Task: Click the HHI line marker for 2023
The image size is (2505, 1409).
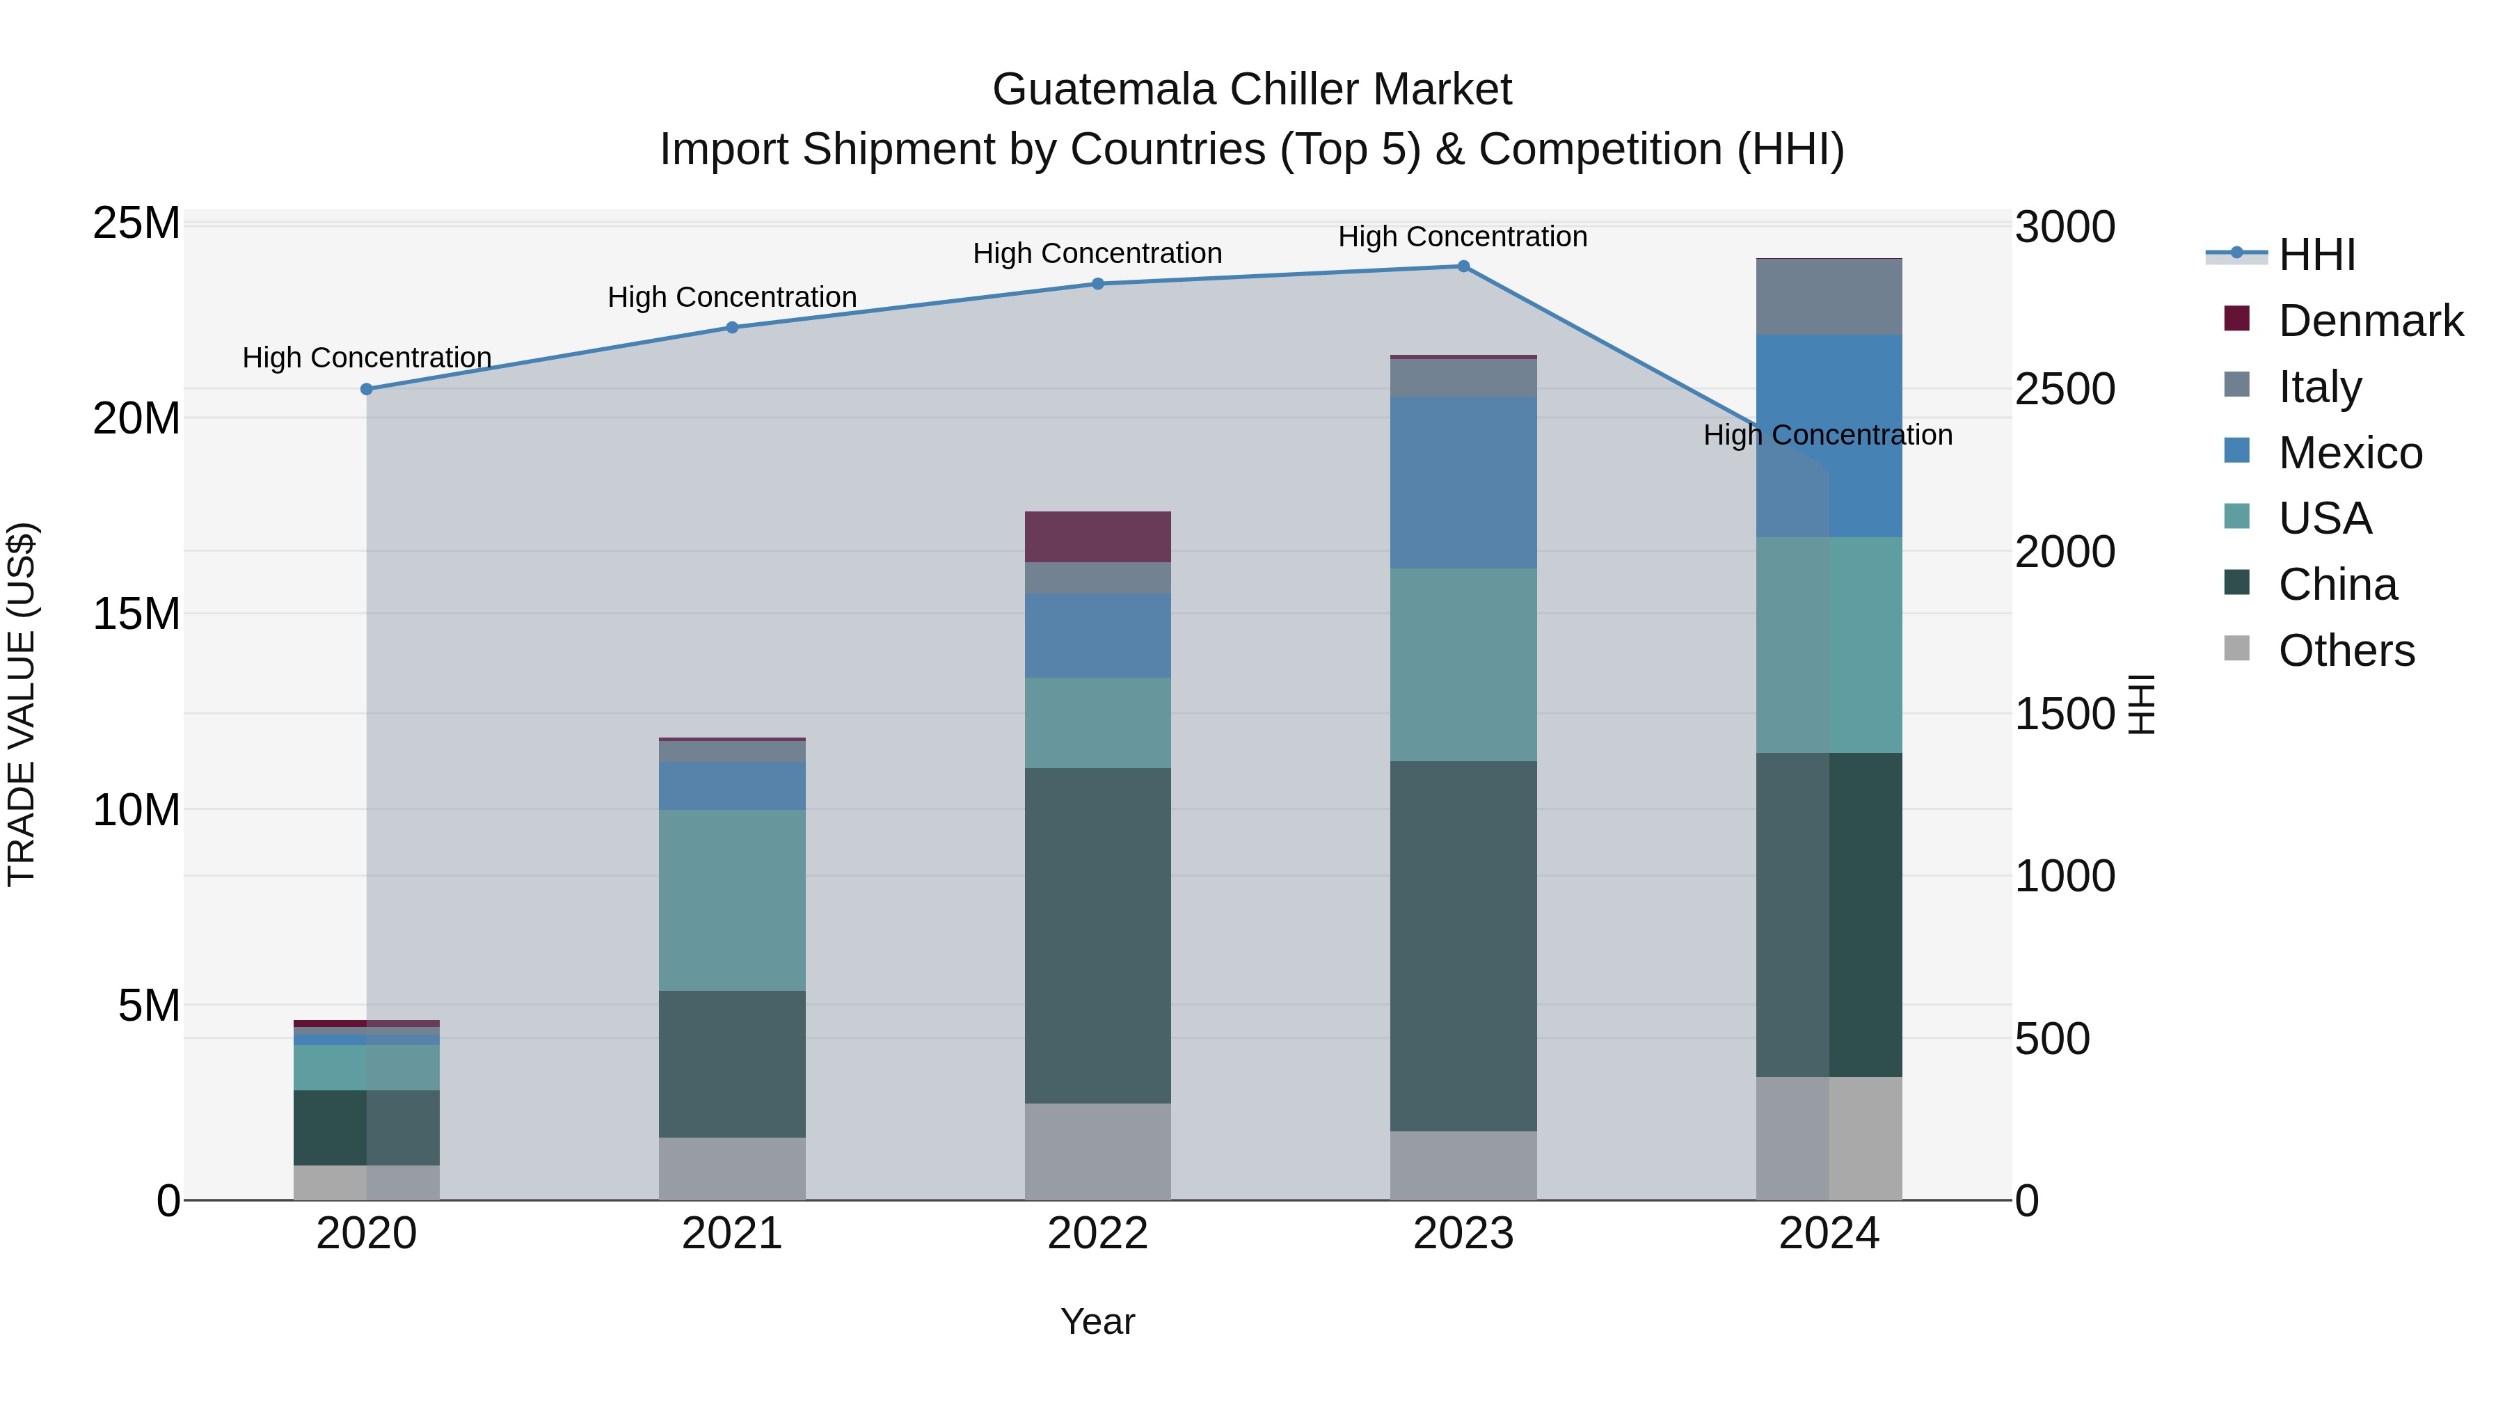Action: (x=1463, y=266)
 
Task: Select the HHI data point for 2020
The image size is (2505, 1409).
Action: (x=367, y=389)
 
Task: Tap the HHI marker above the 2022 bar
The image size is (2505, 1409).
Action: (x=1098, y=284)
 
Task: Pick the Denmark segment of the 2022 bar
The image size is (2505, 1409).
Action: (x=1098, y=536)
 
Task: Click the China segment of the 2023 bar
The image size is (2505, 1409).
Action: (x=1463, y=945)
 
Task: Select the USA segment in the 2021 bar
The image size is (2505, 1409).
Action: (x=732, y=900)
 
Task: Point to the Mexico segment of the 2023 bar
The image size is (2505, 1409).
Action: (x=1463, y=482)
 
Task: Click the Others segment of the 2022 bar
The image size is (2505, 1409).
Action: (x=1098, y=1152)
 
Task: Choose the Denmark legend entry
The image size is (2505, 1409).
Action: (x=2370, y=321)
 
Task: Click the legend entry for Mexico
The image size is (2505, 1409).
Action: (x=2349, y=453)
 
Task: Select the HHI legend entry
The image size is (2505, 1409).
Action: (x=2316, y=255)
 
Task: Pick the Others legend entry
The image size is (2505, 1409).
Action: (x=2346, y=651)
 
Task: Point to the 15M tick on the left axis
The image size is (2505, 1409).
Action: (x=136, y=614)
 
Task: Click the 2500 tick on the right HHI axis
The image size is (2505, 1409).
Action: (x=2065, y=390)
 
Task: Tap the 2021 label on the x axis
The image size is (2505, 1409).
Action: (x=732, y=1234)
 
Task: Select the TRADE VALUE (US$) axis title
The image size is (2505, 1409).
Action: (x=22, y=704)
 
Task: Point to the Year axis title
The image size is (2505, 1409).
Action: (x=1098, y=1321)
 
